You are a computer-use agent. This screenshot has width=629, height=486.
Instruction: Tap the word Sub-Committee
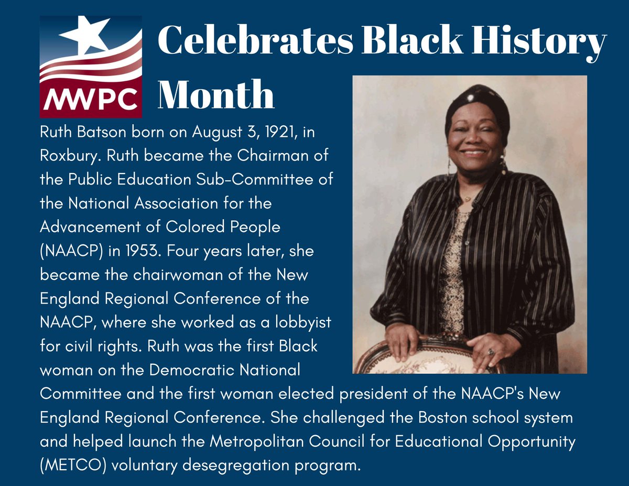coord(262,180)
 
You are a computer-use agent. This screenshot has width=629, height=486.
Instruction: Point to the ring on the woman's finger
coord(491,352)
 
